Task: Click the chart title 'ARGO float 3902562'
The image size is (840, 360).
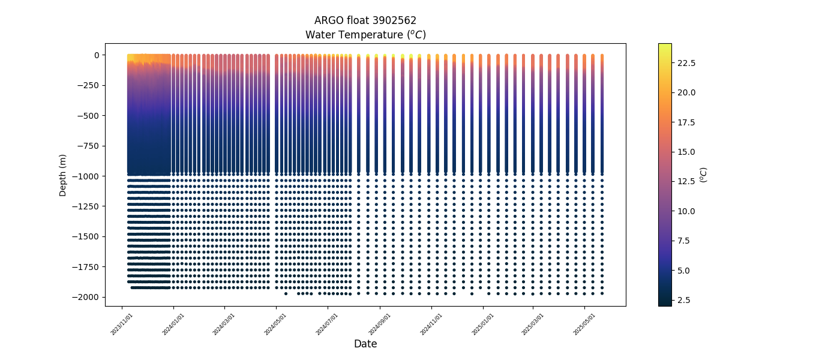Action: click(x=365, y=20)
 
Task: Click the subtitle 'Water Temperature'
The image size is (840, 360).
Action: click(x=365, y=35)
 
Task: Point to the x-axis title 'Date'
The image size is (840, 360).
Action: click(x=365, y=344)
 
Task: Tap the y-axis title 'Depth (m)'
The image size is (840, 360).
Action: click(x=62, y=175)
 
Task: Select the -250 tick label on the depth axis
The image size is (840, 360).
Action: click(x=88, y=85)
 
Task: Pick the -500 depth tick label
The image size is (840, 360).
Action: click(x=88, y=116)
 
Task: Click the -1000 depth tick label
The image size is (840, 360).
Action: click(x=86, y=176)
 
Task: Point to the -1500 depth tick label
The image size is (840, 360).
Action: click(x=86, y=236)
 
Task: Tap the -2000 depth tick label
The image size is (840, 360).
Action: click(x=86, y=297)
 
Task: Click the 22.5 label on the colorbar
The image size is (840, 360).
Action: click(x=686, y=63)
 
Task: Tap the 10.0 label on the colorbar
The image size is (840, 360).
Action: click(x=686, y=211)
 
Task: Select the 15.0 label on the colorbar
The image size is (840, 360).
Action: click(x=686, y=152)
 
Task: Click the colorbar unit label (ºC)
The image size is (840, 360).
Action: click(x=704, y=175)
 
